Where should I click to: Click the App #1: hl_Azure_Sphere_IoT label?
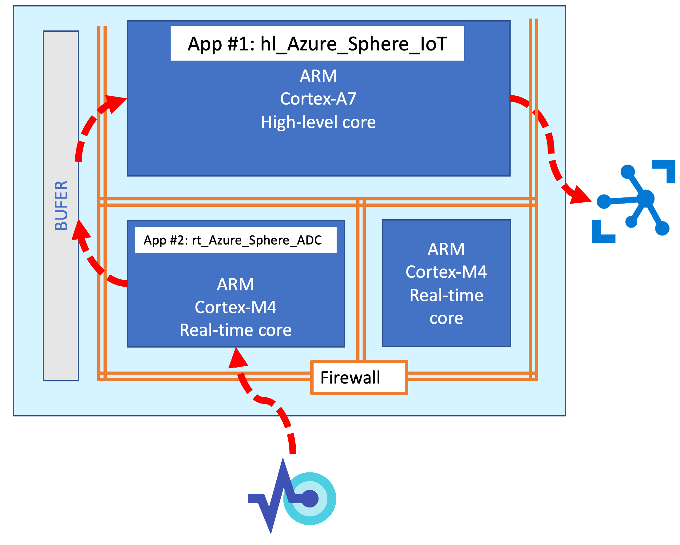pyautogui.click(x=317, y=43)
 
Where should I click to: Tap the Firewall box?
pyautogui.click(x=359, y=377)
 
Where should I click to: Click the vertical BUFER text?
pyautogui.click(x=61, y=205)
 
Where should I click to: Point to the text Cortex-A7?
pyautogui.click(x=318, y=99)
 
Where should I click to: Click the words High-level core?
pyautogui.click(x=318, y=122)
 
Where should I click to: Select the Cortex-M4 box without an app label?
pyautogui.click(x=446, y=283)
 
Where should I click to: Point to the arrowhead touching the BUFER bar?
pyautogui.click(x=80, y=230)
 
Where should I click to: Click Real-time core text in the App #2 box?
pyautogui.click(x=235, y=330)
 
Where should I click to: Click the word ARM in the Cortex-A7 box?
pyautogui.click(x=318, y=76)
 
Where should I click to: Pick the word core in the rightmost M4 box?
pyautogui.click(x=446, y=318)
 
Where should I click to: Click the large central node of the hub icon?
pyautogui.click(x=646, y=198)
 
